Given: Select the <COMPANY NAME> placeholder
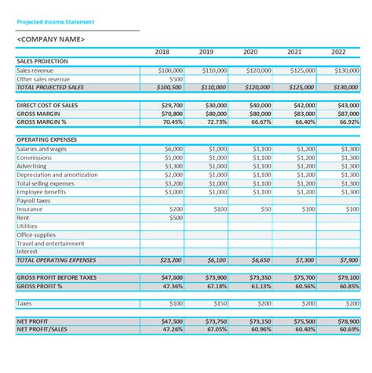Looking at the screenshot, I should click(x=52, y=39).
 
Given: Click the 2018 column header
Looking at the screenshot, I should click(x=162, y=52).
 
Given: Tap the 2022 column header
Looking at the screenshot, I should click(x=338, y=52).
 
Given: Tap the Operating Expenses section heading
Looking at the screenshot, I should click(x=47, y=139).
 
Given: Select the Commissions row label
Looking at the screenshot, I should click(x=35, y=158).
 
